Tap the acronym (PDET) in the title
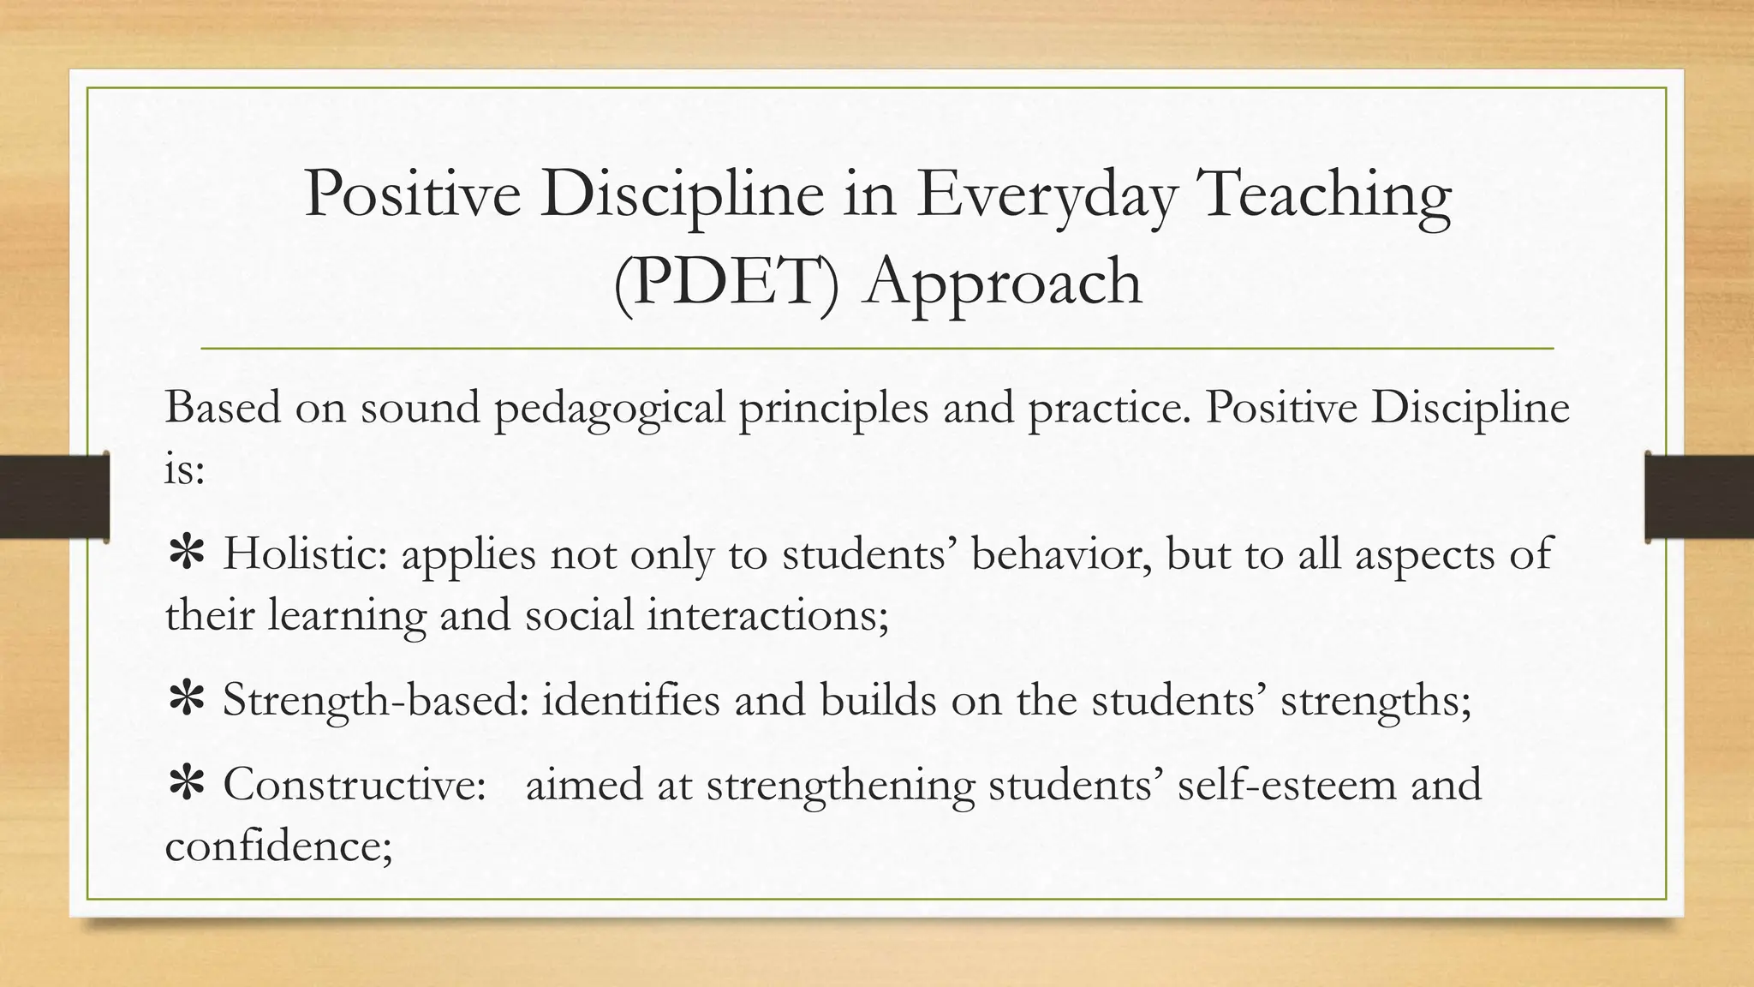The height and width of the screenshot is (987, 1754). coord(727,282)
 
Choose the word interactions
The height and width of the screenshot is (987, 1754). coord(767,615)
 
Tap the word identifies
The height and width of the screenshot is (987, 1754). coord(630,700)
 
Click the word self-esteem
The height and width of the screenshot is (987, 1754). coord(1286,784)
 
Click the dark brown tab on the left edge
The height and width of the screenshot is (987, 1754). coord(54,497)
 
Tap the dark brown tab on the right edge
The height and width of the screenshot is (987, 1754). coord(1699,497)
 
